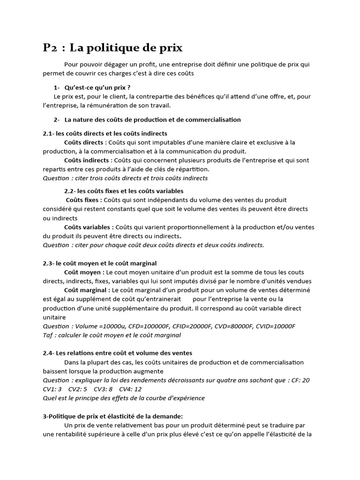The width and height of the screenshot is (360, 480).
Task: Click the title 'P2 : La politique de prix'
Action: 112,47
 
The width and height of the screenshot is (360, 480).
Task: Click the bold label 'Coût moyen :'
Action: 84,272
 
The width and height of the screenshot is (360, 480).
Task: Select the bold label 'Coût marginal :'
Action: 87,290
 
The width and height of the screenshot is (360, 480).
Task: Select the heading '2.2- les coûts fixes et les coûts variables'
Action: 124,191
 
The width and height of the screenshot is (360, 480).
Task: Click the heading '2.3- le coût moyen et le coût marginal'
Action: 99,263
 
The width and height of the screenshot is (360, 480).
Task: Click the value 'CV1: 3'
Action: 52,389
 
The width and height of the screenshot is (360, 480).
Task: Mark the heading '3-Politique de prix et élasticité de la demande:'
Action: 112,416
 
